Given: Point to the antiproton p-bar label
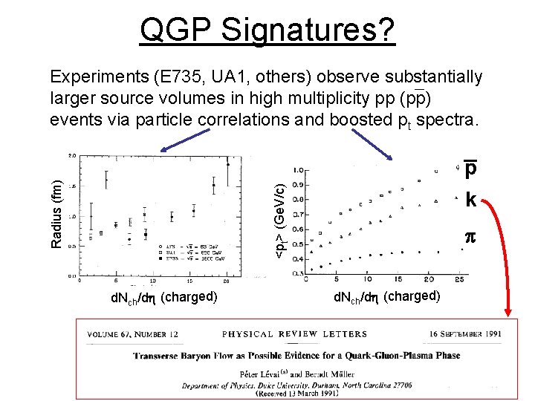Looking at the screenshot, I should [x=471, y=170].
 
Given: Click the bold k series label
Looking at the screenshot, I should [x=471, y=200].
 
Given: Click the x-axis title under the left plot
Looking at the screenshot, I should [x=163, y=297].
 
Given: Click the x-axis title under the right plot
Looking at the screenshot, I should [x=386, y=297].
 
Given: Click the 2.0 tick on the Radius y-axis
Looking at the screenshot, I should [x=72, y=155].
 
